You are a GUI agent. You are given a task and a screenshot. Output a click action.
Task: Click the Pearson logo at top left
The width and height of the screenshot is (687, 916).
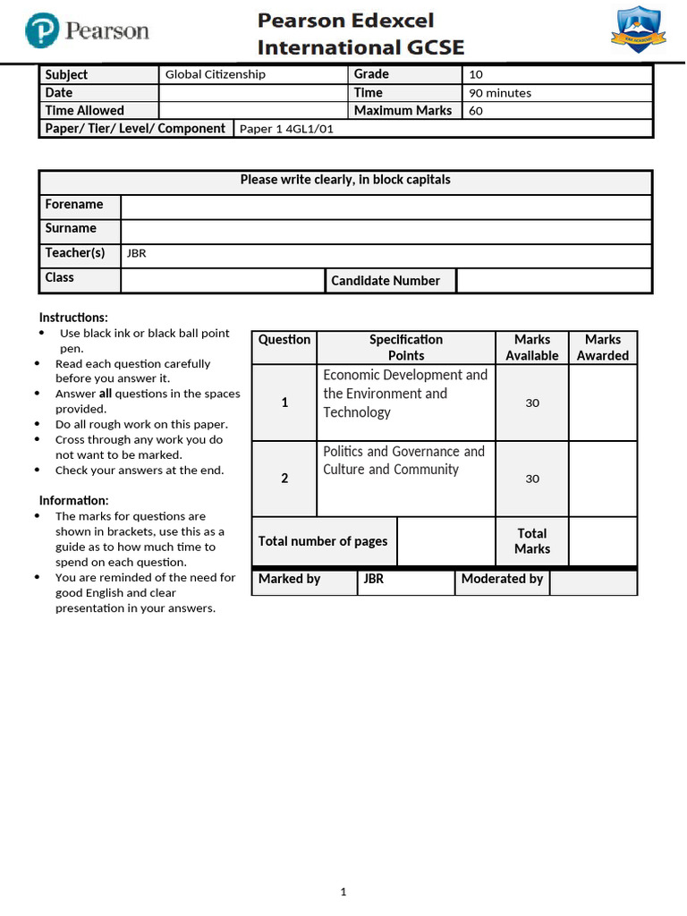pyautogui.click(x=87, y=31)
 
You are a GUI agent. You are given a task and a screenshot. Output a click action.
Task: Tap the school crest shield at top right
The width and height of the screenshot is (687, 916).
pyautogui.click(x=636, y=29)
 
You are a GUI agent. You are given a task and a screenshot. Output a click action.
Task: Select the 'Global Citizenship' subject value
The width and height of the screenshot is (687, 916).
pyautogui.click(x=216, y=75)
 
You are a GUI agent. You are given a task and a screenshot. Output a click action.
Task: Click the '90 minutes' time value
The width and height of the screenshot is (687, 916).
pyautogui.click(x=499, y=93)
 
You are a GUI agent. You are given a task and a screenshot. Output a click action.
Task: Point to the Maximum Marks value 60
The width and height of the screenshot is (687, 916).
pyautogui.click(x=476, y=111)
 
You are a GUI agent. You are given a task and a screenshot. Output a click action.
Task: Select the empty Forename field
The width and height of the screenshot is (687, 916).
pyautogui.click(x=386, y=207)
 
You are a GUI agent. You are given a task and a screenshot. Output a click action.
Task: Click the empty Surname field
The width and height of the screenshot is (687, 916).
pyautogui.click(x=386, y=231)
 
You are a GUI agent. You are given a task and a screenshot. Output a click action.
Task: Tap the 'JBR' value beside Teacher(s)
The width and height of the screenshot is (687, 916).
pyautogui.click(x=137, y=253)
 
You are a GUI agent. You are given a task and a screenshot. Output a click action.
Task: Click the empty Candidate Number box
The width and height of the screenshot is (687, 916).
pyautogui.click(x=554, y=280)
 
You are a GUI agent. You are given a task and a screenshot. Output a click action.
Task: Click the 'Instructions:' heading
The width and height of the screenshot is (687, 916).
pyautogui.click(x=73, y=318)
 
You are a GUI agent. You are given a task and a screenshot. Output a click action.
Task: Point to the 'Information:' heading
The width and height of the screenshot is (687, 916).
pyautogui.click(x=73, y=500)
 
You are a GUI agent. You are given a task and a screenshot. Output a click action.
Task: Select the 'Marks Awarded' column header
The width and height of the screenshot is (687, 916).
pyautogui.click(x=602, y=347)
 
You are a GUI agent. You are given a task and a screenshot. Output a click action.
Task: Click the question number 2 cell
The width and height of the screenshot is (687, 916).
pyautogui.click(x=284, y=479)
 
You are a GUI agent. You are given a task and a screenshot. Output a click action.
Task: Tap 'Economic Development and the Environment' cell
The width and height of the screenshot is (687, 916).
pyautogui.click(x=405, y=394)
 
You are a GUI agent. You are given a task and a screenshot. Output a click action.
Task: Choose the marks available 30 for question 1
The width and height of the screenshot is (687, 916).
pyautogui.click(x=532, y=403)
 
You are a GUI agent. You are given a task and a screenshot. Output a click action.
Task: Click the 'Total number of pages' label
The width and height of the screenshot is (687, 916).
pyautogui.click(x=323, y=541)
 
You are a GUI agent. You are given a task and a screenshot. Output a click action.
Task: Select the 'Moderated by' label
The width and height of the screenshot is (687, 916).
pyautogui.click(x=502, y=579)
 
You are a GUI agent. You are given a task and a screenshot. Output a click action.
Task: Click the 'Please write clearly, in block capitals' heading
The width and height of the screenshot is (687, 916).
pyautogui.click(x=345, y=180)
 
